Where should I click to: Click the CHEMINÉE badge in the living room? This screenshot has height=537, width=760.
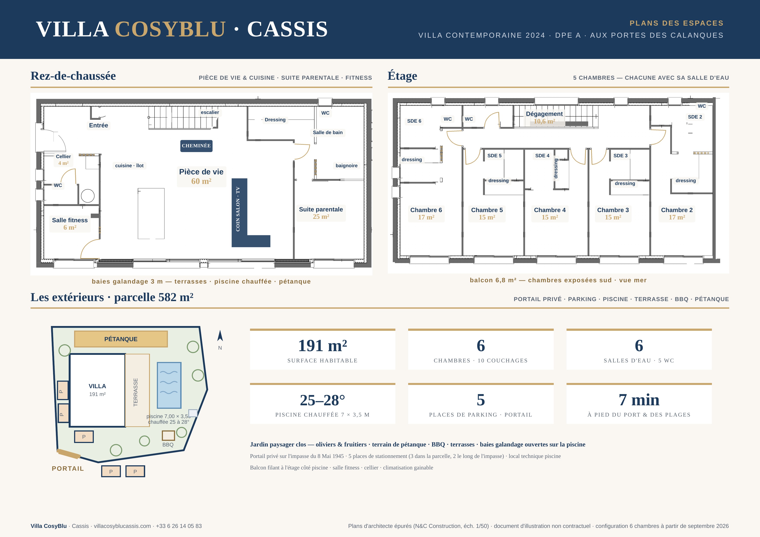click(x=196, y=146)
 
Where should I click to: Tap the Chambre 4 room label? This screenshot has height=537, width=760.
click(x=550, y=210)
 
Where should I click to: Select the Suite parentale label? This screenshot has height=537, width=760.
click(x=321, y=209)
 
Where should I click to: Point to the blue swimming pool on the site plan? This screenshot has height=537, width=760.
click(x=169, y=385)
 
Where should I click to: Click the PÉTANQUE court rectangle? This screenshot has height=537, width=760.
click(x=121, y=339)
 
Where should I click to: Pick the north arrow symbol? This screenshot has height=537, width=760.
click(x=220, y=336)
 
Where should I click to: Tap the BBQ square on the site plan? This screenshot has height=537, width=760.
click(x=168, y=435)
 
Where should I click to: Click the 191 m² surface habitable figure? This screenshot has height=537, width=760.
click(x=322, y=346)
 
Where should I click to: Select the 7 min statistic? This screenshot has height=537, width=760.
click(x=639, y=400)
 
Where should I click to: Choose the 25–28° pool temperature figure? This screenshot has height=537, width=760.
click(x=322, y=400)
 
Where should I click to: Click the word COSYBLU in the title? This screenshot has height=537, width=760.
click(x=170, y=29)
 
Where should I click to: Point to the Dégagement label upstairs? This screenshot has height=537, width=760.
click(x=544, y=114)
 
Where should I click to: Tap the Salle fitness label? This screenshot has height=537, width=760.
click(x=70, y=220)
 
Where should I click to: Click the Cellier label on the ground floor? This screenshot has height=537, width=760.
click(x=63, y=156)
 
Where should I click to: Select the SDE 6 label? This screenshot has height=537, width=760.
click(x=414, y=121)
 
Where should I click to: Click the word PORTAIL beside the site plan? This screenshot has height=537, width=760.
click(x=68, y=469)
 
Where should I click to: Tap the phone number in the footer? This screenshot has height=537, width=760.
click(x=179, y=526)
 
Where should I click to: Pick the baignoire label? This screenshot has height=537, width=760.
click(x=347, y=166)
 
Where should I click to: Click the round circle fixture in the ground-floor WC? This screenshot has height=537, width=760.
click(x=88, y=196)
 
